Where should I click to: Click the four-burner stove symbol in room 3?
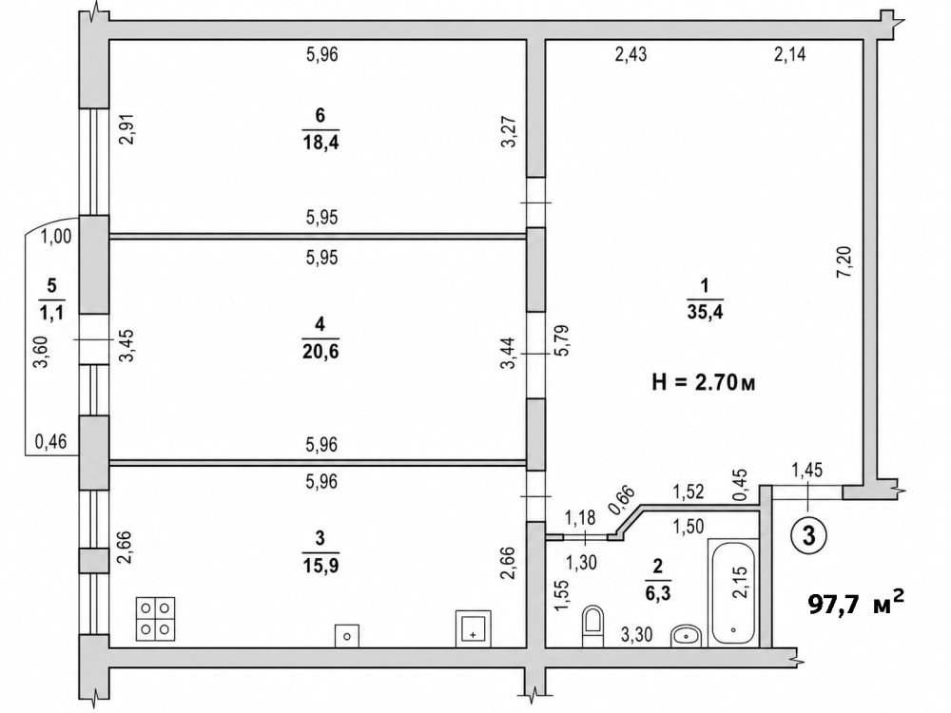(x=155, y=619)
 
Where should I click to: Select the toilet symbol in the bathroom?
(x=592, y=626)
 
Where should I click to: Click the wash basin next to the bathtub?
(x=686, y=636)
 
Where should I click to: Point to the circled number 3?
(x=808, y=535)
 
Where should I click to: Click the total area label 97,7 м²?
(x=857, y=604)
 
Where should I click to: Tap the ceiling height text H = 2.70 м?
(x=704, y=382)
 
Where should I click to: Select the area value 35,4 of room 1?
(x=705, y=312)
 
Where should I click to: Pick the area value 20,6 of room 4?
(x=320, y=352)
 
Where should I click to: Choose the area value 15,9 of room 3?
(x=320, y=566)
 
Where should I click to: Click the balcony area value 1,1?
(x=51, y=313)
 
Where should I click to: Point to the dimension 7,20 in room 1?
(x=844, y=261)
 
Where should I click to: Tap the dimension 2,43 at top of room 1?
(x=631, y=55)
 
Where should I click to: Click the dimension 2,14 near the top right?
(x=789, y=55)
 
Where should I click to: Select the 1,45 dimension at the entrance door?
(x=807, y=470)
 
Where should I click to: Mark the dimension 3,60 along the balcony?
(x=41, y=352)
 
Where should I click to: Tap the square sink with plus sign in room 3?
(x=473, y=629)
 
